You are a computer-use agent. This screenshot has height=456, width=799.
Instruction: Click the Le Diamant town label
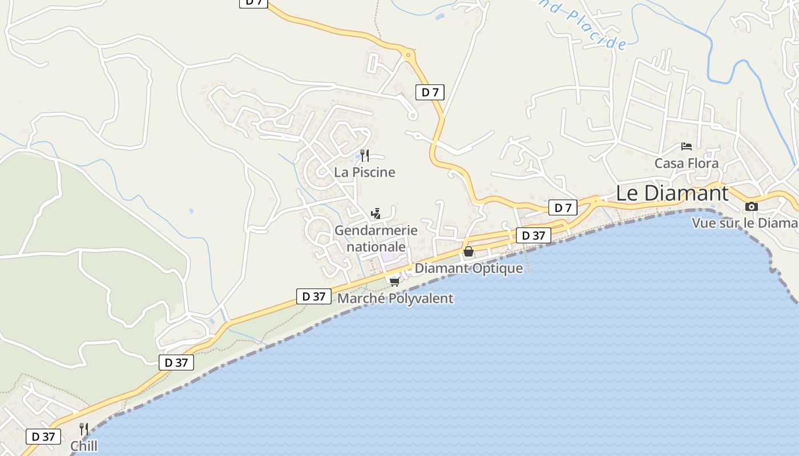[x=672, y=193]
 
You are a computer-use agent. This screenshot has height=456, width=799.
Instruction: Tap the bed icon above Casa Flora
[x=687, y=146]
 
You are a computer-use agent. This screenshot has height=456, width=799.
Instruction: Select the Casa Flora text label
[x=687, y=164]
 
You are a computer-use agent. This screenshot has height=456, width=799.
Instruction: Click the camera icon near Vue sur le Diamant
[x=752, y=206]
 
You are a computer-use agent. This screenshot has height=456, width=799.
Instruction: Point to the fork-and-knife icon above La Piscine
[x=365, y=155]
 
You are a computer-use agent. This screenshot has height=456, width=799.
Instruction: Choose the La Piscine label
[x=365, y=172]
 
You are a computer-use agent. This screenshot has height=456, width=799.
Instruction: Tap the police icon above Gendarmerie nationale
[x=376, y=214]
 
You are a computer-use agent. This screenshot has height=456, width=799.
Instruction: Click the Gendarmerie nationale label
[x=376, y=238]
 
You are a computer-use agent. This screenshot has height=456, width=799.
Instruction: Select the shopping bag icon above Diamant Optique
[x=469, y=251]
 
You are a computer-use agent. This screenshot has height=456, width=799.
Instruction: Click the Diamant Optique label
[x=469, y=268]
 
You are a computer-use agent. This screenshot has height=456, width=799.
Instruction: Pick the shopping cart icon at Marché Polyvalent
[x=394, y=282]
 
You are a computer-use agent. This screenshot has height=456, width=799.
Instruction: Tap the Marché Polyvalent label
[x=396, y=298]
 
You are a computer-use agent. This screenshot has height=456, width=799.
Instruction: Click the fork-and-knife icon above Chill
[x=83, y=429]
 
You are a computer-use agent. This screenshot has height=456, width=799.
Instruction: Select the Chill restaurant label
[x=83, y=446]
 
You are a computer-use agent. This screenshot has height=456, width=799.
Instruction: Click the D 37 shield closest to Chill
[x=43, y=437]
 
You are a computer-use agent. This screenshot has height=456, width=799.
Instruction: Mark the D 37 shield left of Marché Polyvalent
[x=313, y=296]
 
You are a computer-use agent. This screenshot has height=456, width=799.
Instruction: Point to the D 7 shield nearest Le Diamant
[x=563, y=208]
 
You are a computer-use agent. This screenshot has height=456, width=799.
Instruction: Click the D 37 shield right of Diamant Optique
[x=533, y=235]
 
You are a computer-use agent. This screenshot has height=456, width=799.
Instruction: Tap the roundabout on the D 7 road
[x=408, y=56]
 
